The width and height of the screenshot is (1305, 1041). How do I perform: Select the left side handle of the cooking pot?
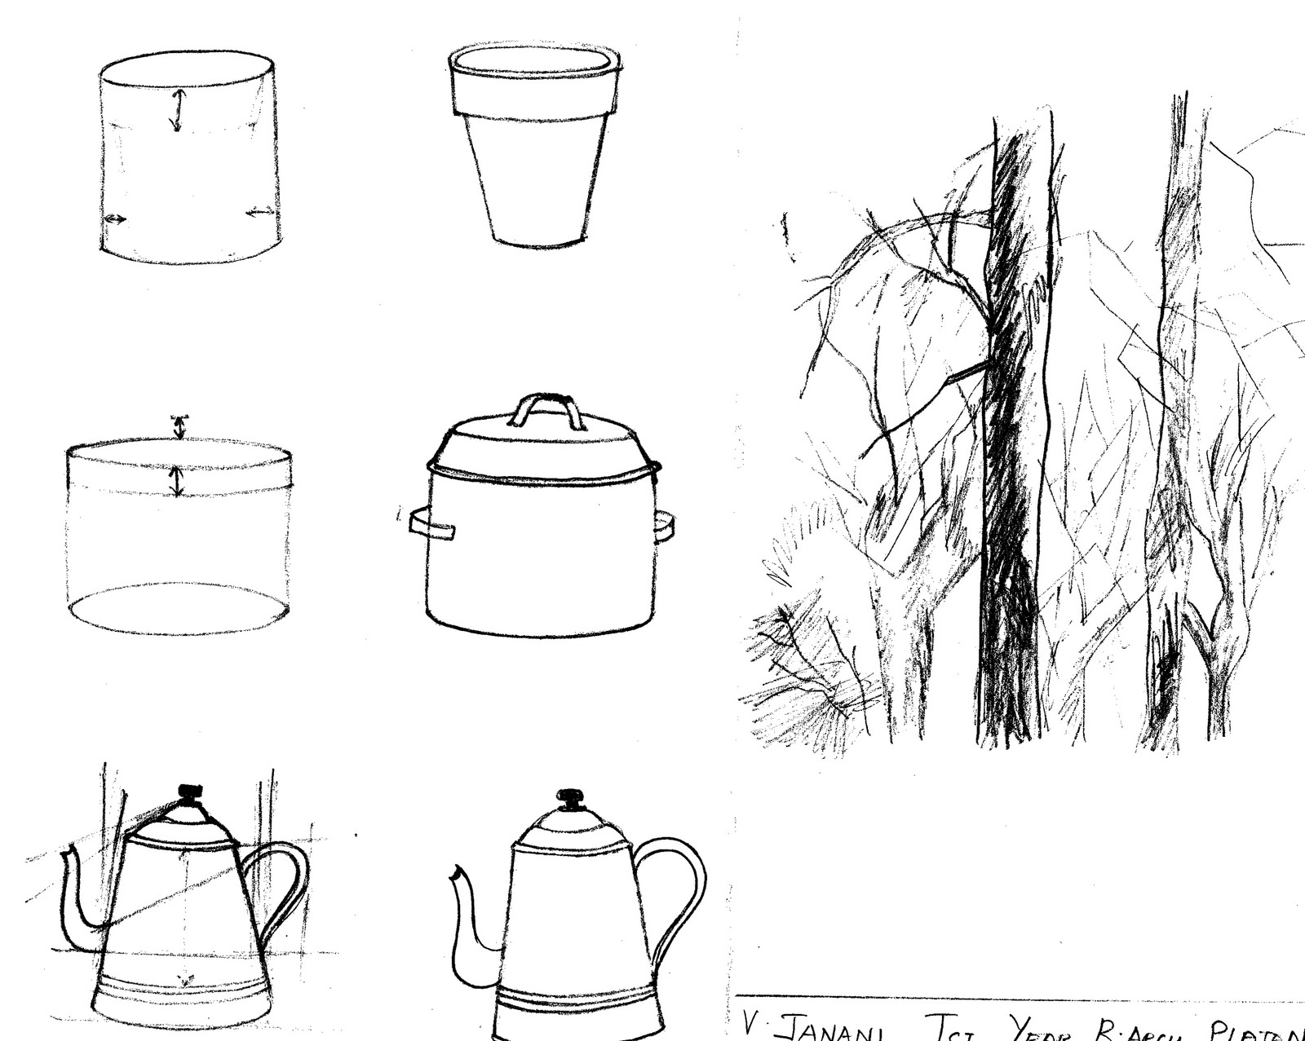[x=431, y=523]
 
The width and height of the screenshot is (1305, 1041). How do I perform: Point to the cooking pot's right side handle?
[x=664, y=526]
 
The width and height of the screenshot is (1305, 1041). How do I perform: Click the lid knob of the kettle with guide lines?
[x=189, y=791]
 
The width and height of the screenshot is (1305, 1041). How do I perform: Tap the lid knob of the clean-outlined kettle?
[x=570, y=796]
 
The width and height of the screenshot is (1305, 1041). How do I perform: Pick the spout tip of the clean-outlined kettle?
[x=455, y=875]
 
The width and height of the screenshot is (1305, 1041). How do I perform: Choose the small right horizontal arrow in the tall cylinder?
[x=261, y=213]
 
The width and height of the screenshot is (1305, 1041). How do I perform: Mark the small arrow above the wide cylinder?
[x=179, y=426]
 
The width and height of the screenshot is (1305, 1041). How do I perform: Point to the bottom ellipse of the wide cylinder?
[x=179, y=608]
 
